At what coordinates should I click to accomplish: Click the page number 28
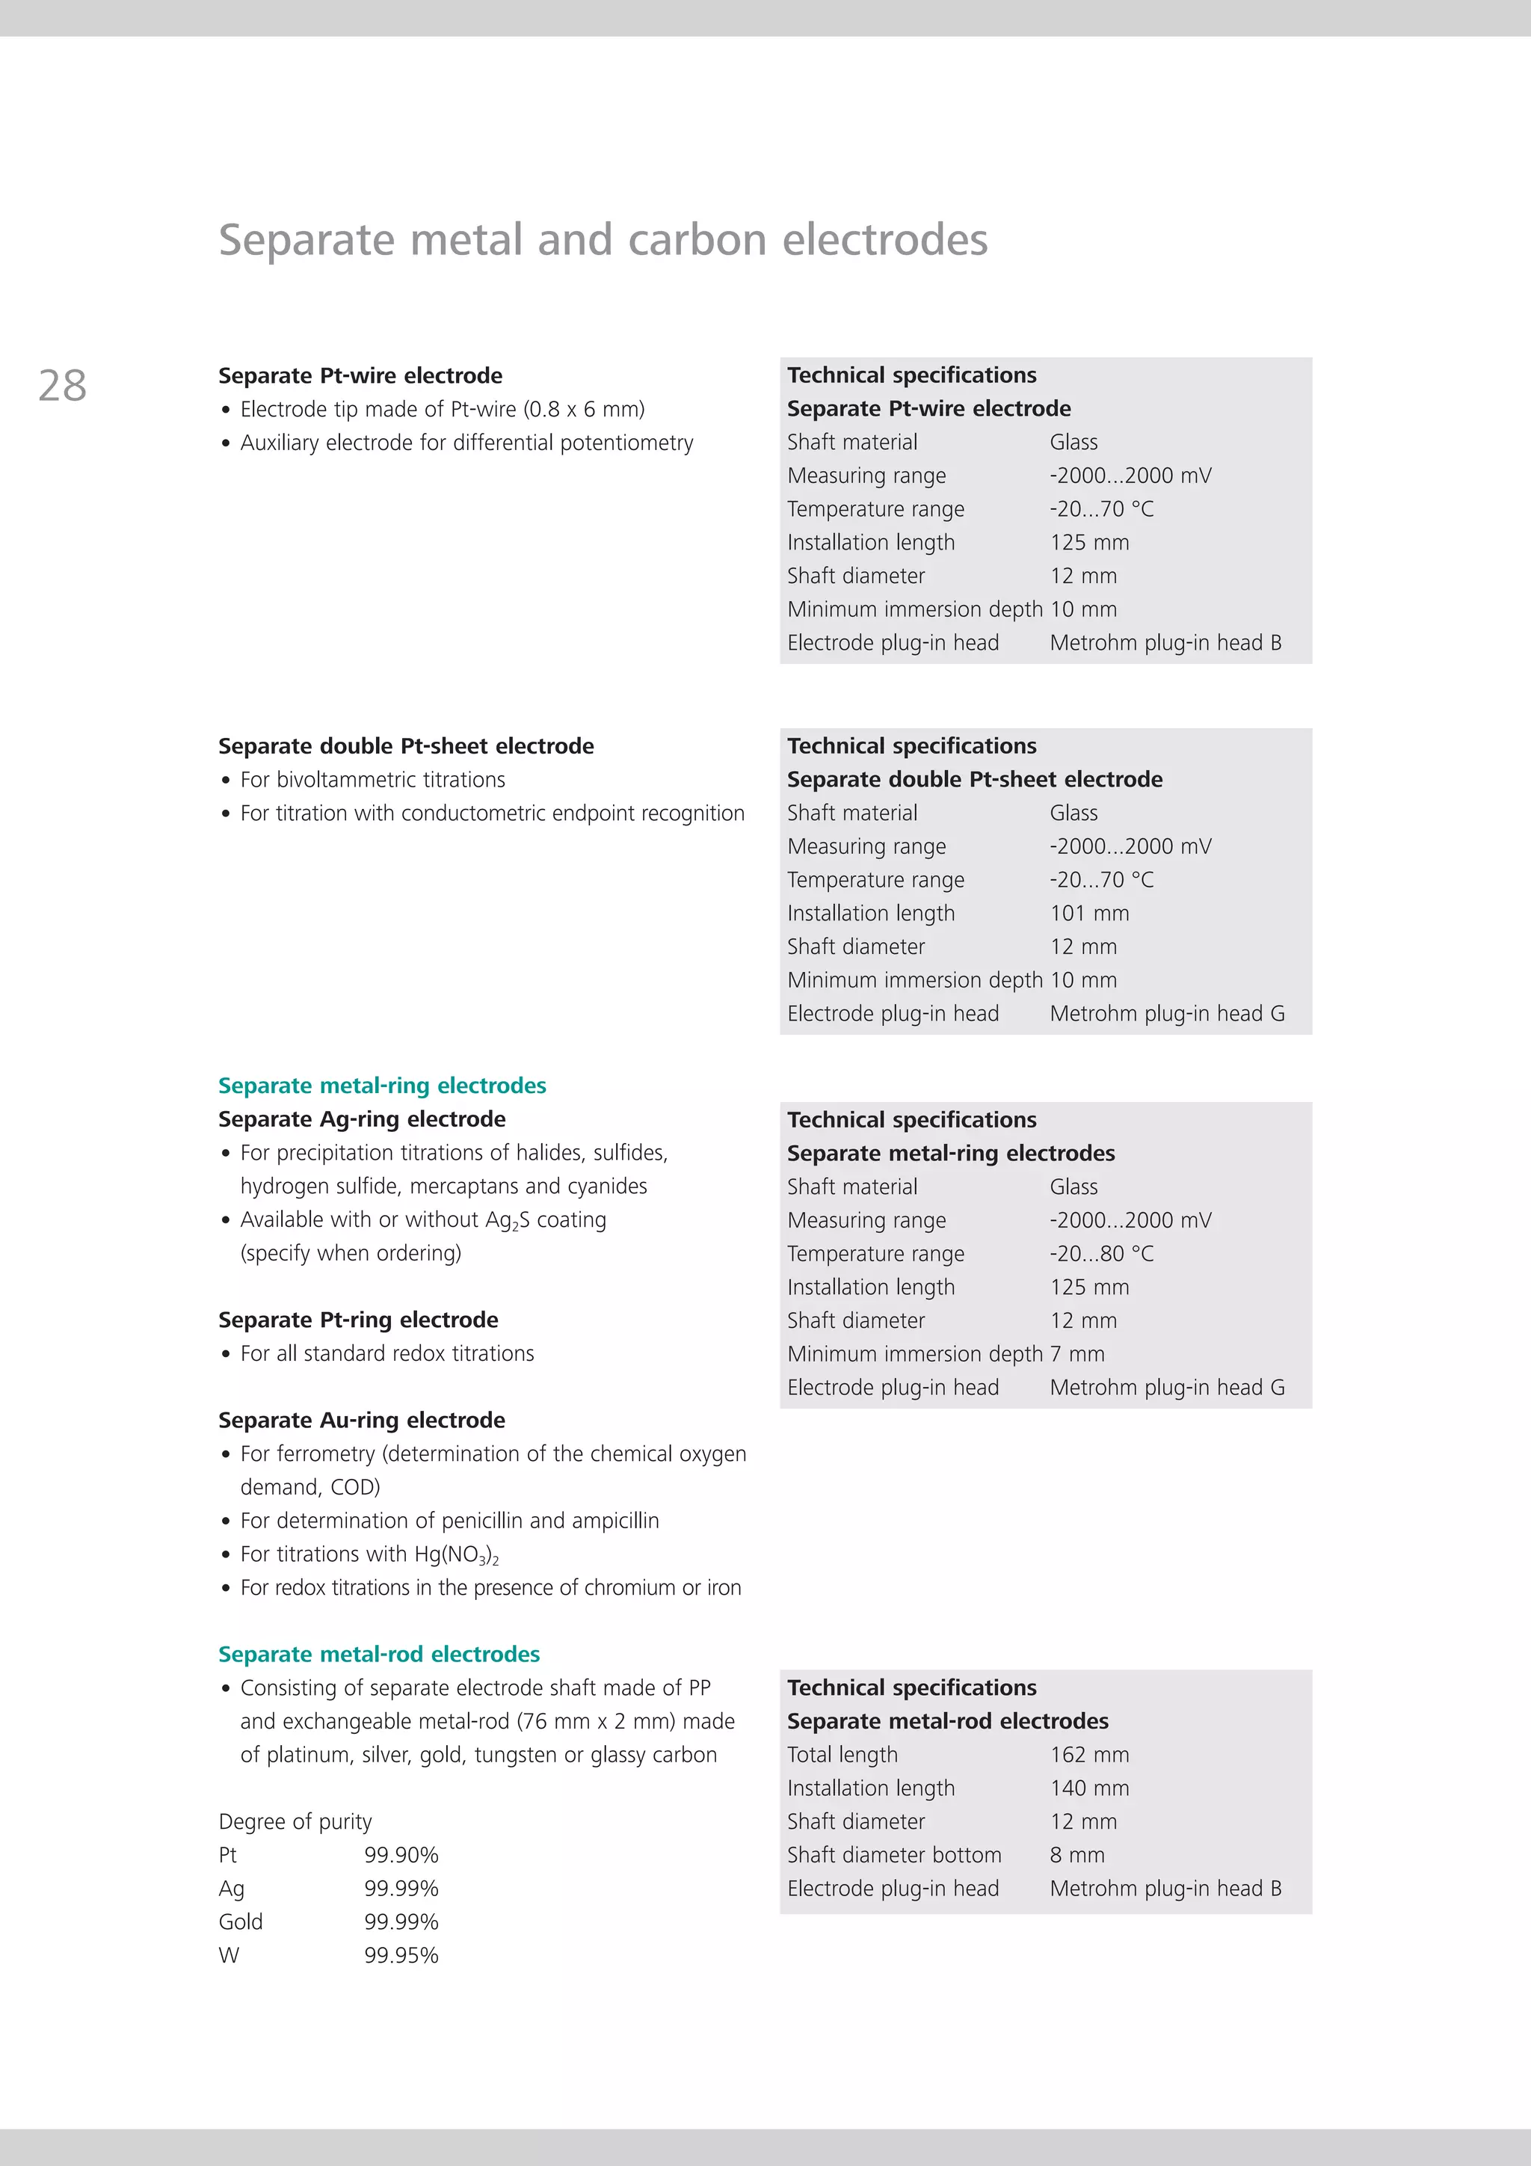point(62,386)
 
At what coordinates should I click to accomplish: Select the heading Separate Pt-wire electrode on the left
point(360,375)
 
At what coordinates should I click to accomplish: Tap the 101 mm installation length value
point(1089,913)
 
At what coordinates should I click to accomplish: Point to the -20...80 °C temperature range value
point(1102,1254)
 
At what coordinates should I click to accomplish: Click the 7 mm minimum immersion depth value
point(1077,1354)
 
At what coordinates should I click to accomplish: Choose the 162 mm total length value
point(1089,1755)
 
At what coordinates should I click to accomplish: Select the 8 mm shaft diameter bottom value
point(1077,1855)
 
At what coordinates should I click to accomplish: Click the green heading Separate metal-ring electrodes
point(382,1086)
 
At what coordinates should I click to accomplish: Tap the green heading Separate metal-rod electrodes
point(379,1654)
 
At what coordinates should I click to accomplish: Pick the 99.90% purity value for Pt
point(402,1855)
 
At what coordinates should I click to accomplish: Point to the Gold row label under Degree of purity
point(241,1922)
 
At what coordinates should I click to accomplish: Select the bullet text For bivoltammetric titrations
point(372,780)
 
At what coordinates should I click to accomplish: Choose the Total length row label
point(842,1755)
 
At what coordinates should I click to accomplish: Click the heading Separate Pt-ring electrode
point(359,1320)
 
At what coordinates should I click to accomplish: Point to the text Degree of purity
point(295,1821)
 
